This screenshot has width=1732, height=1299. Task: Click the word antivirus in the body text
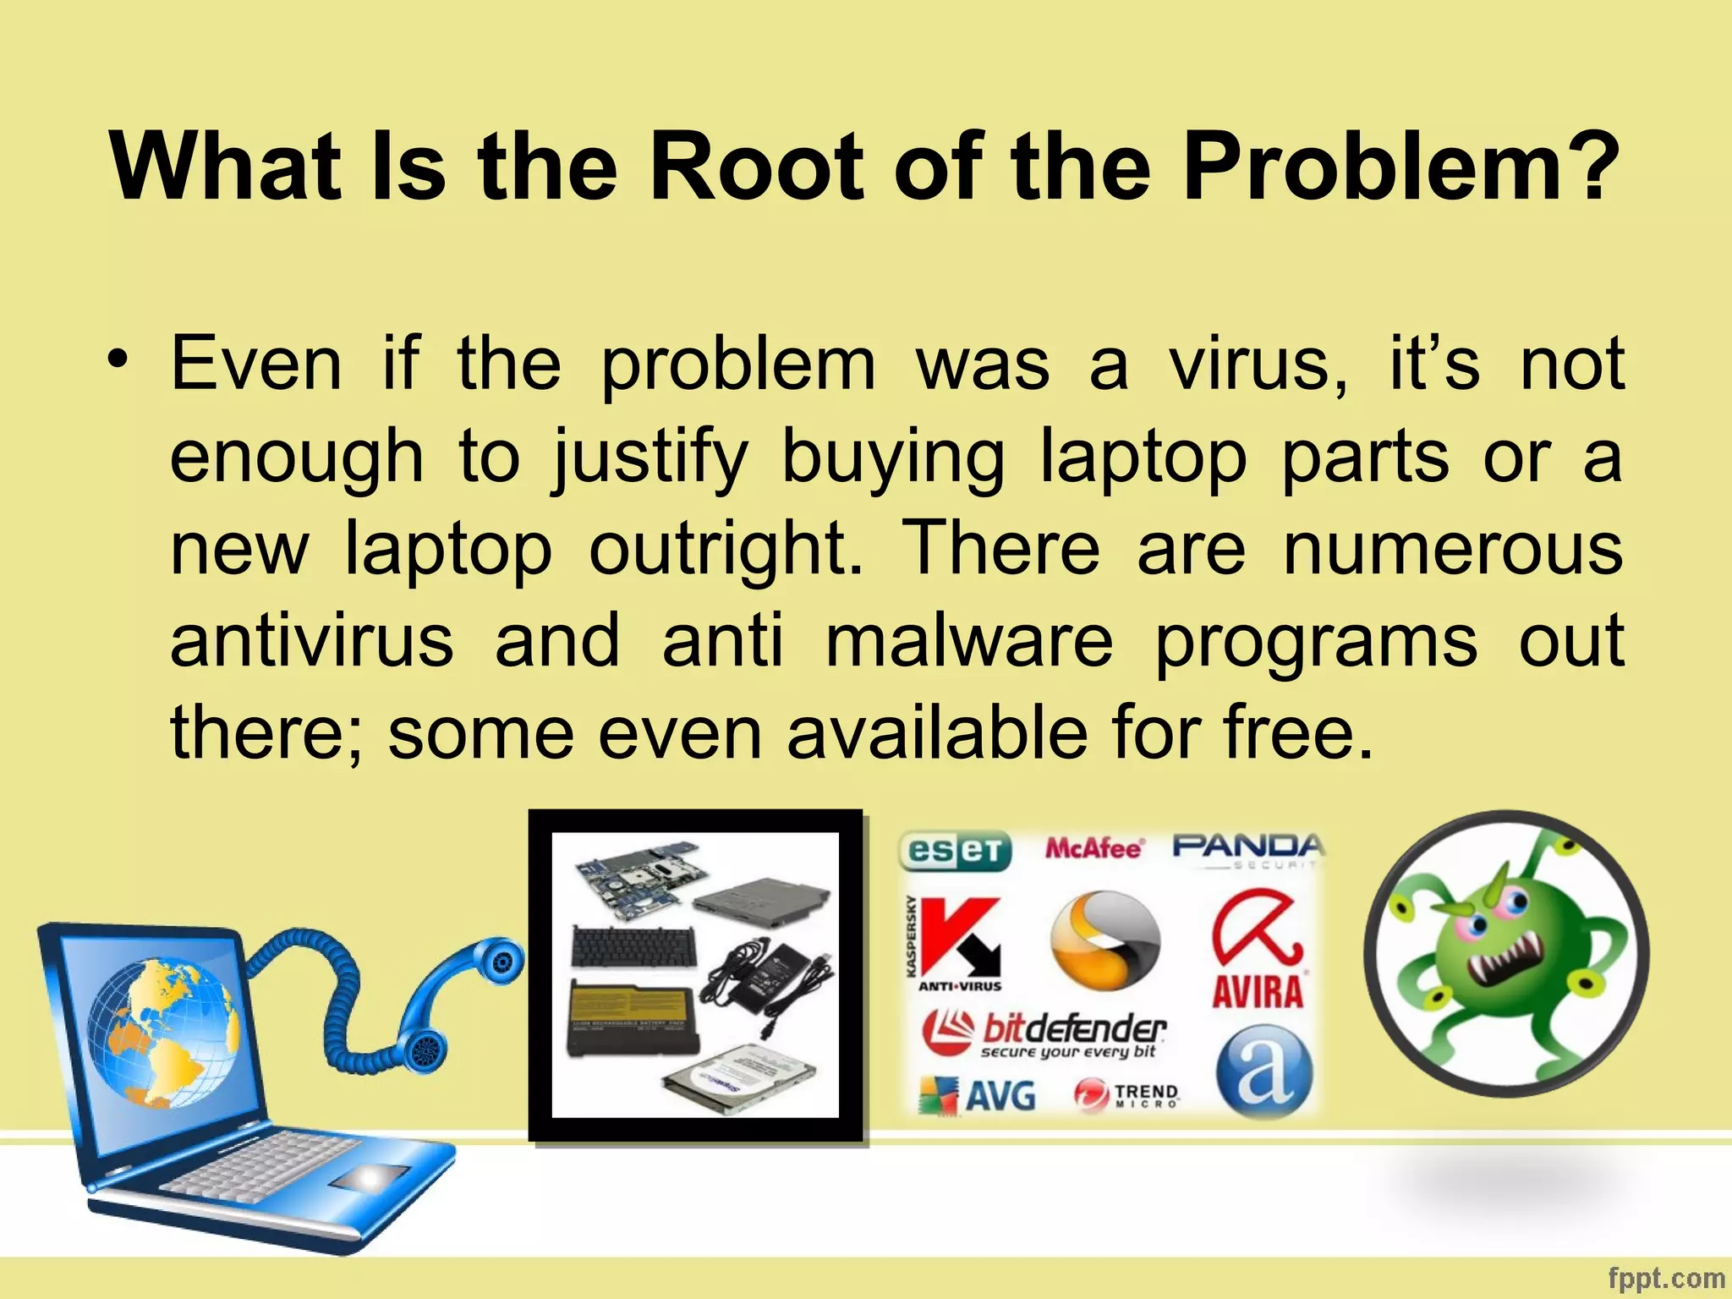[312, 640]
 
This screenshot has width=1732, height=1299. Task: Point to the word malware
[969, 640]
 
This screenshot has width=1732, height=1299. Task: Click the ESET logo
[955, 851]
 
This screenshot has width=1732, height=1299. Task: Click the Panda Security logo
[1247, 848]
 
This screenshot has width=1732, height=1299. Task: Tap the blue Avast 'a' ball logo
[1264, 1072]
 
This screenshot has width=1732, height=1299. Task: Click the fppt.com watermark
[1665, 1278]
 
